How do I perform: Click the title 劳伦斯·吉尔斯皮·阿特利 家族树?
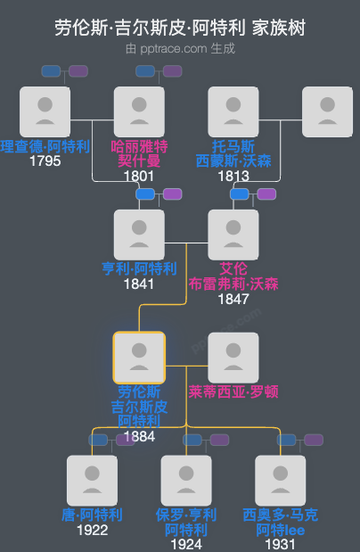pos(179,28)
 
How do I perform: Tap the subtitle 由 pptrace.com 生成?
pos(179,48)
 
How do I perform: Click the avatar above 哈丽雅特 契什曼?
pos(139,111)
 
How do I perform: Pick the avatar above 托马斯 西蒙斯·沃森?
pos(233,111)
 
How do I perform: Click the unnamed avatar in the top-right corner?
pos(327,111)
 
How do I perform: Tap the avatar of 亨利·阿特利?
pos(139,235)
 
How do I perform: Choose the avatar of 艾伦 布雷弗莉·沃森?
pos(233,235)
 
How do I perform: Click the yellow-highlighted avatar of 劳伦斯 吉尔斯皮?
pos(139,358)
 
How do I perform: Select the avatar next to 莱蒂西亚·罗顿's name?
pos(233,358)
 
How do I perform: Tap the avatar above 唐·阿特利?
pos(92,481)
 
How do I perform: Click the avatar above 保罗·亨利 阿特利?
pos(186,481)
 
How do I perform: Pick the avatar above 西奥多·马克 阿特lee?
pos(281,481)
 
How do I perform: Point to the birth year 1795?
pos(45,161)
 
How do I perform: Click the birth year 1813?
pos(233,176)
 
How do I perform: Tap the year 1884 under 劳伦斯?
pos(139,436)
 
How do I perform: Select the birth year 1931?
pos(281,544)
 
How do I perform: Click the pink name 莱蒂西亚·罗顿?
pos(233,391)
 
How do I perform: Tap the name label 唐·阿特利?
pos(92,515)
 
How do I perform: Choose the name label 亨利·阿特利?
pos(139,268)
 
